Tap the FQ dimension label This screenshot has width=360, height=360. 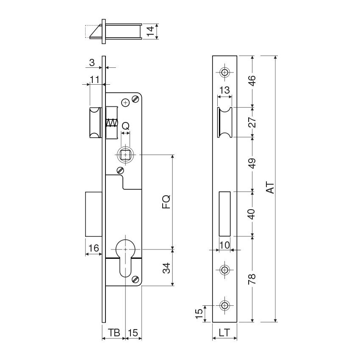pyautogui.click(x=166, y=201)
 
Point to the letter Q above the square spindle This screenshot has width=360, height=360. pyautogui.click(x=126, y=126)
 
